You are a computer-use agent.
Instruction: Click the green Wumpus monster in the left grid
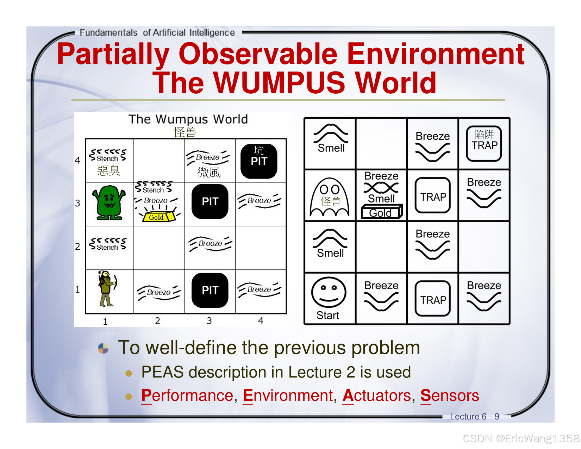(x=109, y=203)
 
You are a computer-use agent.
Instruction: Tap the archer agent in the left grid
(x=106, y=288)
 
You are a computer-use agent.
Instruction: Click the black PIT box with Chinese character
(x=259, y=161)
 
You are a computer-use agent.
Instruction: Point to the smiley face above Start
(x=329, y=292)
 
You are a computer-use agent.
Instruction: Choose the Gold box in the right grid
(x=381, y=212)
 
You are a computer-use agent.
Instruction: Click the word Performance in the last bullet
(x=187, y=395)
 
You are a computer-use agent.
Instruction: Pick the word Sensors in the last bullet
(x=449, y=395)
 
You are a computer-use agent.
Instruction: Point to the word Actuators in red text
(x=376, y=395)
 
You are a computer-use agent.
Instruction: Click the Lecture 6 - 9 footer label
(x=474, y=417)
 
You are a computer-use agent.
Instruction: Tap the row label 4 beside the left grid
(x=78, y=160)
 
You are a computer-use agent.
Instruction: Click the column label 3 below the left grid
(x=209, y=321)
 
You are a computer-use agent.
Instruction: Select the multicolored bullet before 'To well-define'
(x=103, y=348)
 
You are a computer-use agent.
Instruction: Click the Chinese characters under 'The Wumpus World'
(x=185, y=132)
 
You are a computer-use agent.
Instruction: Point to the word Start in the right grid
(x=328, y=315)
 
